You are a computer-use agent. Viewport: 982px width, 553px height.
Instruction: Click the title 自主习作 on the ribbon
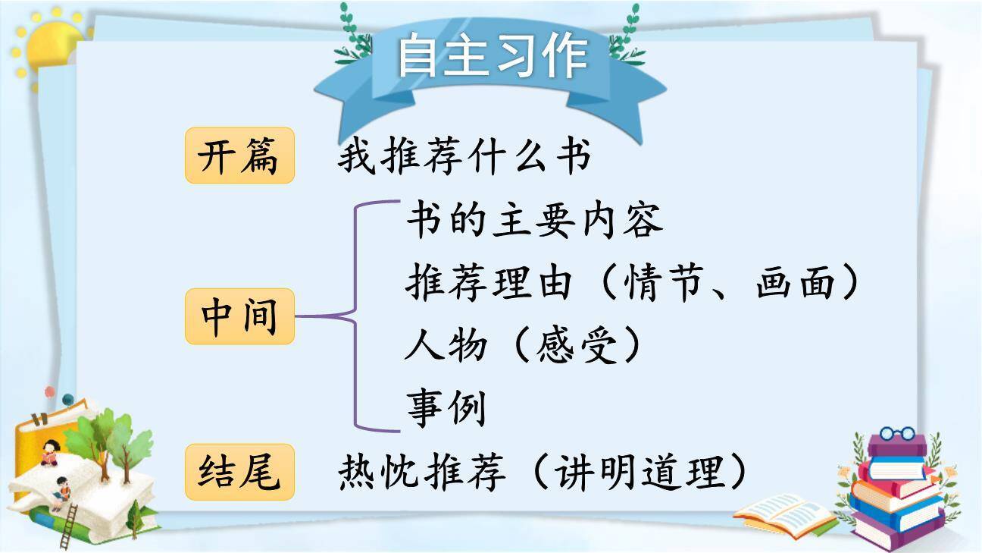point(492,56)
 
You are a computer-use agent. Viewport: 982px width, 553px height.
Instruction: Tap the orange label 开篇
point(239,156)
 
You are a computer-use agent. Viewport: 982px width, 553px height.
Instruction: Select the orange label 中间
point(239,316)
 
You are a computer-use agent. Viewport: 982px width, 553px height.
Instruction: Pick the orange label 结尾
point(239,472)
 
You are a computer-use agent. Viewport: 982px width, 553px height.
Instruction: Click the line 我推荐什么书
point(464,158)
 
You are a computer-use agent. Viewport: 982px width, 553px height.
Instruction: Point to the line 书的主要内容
point(534,221)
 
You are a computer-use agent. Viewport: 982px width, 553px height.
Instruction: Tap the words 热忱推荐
point(421,473)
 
